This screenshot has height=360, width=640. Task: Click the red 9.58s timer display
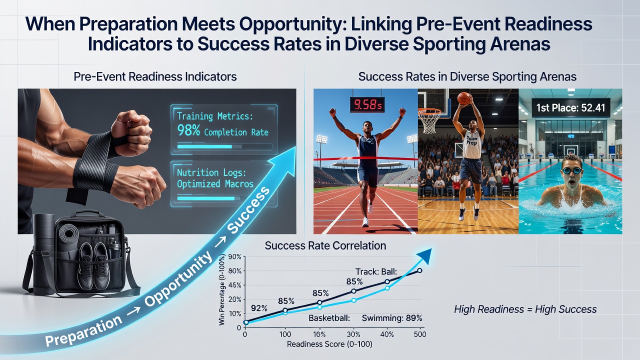(367, 105)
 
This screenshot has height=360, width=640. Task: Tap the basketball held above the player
(465, 98)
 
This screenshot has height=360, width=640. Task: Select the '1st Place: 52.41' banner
(571, 107)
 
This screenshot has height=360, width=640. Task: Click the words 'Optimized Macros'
(215, 183)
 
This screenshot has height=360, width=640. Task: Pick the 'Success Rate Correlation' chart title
(325, 245)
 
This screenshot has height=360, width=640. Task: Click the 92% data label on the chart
(259, 308)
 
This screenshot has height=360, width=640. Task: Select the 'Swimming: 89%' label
(392, 318)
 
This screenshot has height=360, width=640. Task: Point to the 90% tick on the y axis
(235, 257)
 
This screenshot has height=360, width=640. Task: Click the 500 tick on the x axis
(420, 334)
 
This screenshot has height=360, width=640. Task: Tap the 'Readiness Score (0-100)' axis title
(329, 344)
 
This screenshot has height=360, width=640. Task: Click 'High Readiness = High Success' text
(525, 309)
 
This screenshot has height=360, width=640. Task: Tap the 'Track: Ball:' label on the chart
(376, 271)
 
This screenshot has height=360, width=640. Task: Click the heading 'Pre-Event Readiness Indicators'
(155, 76)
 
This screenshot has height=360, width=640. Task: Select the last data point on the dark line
(419, 270)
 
